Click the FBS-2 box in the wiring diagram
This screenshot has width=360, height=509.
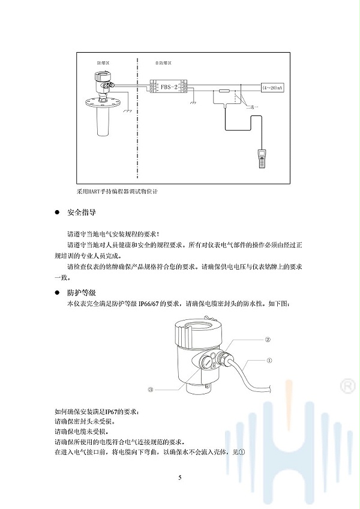[169, 88]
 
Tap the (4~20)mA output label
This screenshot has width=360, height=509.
[272, 88]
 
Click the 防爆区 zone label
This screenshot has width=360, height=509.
[104, 62]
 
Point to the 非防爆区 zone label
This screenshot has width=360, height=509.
[163, 62]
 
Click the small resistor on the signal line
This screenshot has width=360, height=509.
[223, 91]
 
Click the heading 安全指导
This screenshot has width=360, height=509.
[82, 213]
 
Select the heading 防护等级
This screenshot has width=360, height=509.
[82, 292]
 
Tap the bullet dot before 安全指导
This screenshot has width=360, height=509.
[57, 213]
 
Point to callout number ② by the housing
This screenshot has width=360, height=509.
[268, 339]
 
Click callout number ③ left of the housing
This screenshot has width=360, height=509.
[151, 389]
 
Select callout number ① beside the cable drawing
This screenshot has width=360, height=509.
[269, 361]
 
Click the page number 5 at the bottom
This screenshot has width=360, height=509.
[180, 478]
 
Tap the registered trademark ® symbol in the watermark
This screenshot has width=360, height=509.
[346, 384]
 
